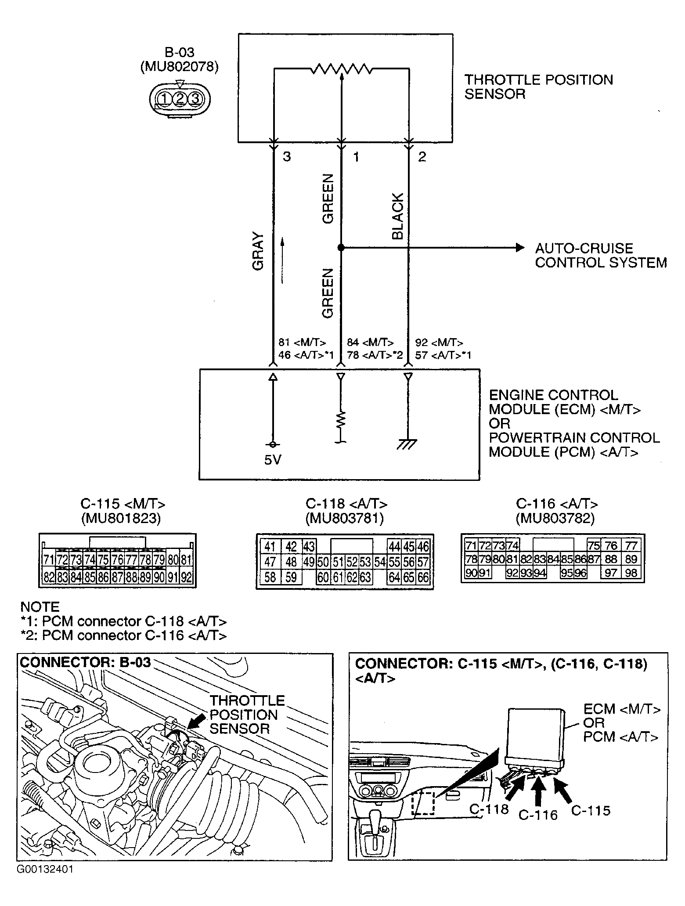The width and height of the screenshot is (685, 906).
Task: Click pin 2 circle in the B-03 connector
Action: pyautogui.click(x=180, y=99)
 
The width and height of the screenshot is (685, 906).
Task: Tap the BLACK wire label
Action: pyautogui.click(x=397, y=217)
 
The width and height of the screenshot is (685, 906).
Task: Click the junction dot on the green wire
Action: pyautogui.click(x=341, y=248)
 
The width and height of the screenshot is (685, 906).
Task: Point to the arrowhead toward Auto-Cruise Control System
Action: pyautogui.click(x=520, y=248)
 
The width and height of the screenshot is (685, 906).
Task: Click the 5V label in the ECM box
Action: pyautogui.click(x=273, y=460)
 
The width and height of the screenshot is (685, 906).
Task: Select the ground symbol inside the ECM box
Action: pyautogui.click(x=407, y=444)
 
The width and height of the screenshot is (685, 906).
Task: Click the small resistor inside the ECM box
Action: pyautogui.click(x=341, y=421)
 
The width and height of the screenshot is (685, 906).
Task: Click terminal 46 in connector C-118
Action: pyautogui.click(x=423, y=547)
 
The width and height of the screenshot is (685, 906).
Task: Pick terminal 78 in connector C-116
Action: pyautogui.click(x=471, y=559)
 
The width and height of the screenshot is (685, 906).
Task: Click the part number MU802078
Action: pyautogui.click(x=179, y=67)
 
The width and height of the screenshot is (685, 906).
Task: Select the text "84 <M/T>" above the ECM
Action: pyautogui.click(x=370, y=343)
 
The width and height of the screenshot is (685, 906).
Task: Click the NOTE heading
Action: pyautogui.click(x=40, y=607)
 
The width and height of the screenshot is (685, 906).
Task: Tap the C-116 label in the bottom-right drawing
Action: pyautogui.click(x=537, y=815)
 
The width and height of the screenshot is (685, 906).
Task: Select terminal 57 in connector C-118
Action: pyautogui.click(x=423, y=562)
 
